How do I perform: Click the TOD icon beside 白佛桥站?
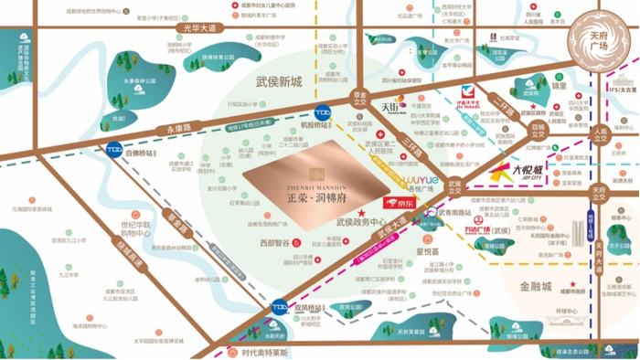coord(114,152)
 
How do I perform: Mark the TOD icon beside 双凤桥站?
coord(280,307)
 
